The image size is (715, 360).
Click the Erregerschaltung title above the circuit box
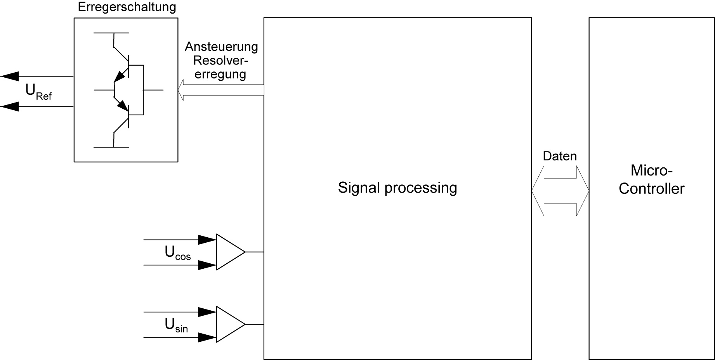pyautogui.click(x=127, y=7)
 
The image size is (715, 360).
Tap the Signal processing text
pyautogui.click(x=397, y=188)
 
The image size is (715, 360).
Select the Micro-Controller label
pyautogui.click(x=651, y=179)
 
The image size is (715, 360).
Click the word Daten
pyautogui.click(x=559, y=156)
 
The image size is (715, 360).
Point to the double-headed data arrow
pyautogui.click(x=560, y=191)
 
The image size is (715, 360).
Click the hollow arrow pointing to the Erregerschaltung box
pyautogui.click(x=220, y=90)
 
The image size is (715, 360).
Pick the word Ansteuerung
pyautogui.click(x=221, y=47)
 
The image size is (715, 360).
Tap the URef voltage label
pyautogui.click(x=38, y=91)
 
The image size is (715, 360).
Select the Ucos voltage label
pyautogui.click(x=177, y=253)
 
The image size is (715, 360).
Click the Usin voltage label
pyautogui.click(x=176, y=325)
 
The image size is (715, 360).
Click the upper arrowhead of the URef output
pyautogui.click(x=10, y=76)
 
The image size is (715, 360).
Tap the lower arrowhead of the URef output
pyautogui.click(x=10, y=106)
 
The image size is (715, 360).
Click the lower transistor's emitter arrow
pyautogui.click(x=122, y=105)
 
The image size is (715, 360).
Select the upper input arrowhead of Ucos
pyautogui.click(x=207, y=240)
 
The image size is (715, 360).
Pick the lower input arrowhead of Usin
pyautogui.click(x=207, y=337)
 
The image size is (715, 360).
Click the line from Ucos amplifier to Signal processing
pyautogui.click(x=255, y=252)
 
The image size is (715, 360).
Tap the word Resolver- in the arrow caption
pyautogui.click(x=220, y=61)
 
